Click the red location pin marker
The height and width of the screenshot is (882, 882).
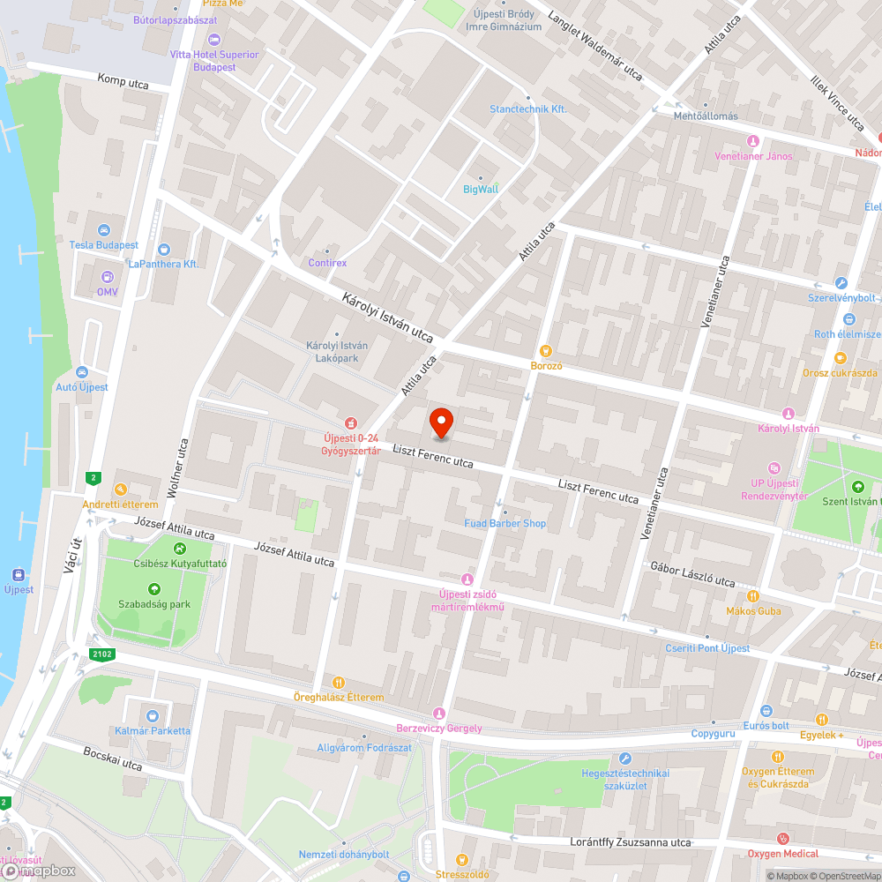pos(440,422)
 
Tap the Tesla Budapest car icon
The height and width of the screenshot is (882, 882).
pos(105,229)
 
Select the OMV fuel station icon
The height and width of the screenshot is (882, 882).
pos(107,276)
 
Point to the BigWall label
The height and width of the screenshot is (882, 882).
pos(481,189)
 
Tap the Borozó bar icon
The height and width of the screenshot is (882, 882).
pos(546,351)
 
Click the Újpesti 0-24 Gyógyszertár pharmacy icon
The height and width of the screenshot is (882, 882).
pos(350,423)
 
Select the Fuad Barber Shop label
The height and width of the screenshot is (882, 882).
pos(505,523)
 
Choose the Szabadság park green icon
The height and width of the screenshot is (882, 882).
pos(154,589)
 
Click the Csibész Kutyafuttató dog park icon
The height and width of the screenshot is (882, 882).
pos(180,549)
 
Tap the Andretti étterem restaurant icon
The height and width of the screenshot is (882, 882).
pos(120,490)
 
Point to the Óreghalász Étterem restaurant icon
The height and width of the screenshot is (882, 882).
pos(339,682)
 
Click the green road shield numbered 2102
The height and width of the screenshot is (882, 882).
pos(101,654)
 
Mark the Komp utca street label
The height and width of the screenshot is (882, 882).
pos(123,80)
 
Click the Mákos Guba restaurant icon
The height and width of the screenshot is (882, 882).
pos(752,595)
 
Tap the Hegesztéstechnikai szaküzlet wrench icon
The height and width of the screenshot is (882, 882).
pos(625,759)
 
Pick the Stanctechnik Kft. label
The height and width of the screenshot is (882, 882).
pos(527,108)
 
